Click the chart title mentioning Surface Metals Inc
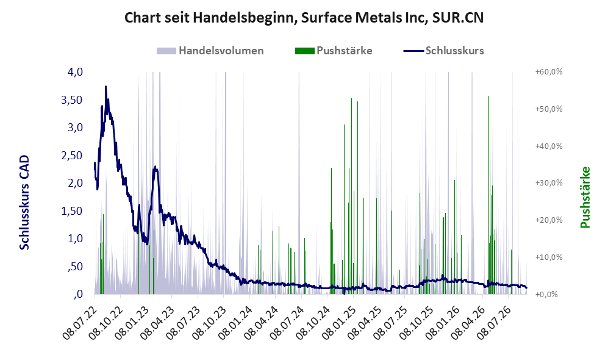point(304,18)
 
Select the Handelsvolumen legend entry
point(210,51)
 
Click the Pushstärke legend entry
point(334,51)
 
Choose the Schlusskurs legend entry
point(443,51)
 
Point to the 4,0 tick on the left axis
point(75,72)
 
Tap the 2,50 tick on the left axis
point(72,155)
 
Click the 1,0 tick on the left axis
point(75,239)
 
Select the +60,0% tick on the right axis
point(549,72)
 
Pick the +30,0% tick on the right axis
point(549,182)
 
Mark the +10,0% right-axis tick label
point(549,257)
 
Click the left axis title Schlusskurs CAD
point(24,203)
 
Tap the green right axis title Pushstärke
point(585,197)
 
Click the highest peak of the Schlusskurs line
point(106,87)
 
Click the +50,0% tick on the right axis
point(549,109)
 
